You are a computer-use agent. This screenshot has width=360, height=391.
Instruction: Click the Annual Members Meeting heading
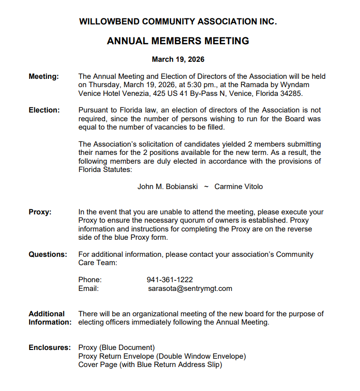[178, 41]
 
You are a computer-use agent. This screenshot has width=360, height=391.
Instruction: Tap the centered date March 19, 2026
[178, 59]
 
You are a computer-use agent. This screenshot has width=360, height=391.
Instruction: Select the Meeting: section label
[44, 77]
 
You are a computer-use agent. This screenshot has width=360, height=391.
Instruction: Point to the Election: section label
[44, 110]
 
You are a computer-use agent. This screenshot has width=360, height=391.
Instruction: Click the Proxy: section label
[40, 212]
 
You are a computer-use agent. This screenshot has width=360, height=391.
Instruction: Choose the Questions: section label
[48, 255]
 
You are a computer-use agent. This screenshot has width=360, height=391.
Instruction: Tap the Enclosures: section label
[50, 348]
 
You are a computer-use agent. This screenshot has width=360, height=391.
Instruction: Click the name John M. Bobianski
[168, 187]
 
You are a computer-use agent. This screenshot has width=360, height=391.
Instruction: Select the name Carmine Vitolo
[239, 187]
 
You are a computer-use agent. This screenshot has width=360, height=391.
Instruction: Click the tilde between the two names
[206, 187]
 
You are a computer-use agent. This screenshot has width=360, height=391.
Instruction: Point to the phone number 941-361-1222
[170, 280]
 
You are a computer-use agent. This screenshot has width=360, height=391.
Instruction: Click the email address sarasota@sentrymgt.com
[190, 289]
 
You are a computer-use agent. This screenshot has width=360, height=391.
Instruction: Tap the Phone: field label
[90, 280]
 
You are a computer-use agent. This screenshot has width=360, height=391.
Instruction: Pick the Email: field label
[89, 289]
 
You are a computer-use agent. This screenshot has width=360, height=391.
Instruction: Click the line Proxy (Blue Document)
[117, 348]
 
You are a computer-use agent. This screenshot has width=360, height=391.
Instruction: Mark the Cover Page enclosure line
[150, 365]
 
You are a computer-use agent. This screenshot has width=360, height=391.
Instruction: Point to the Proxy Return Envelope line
[162, 356]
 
